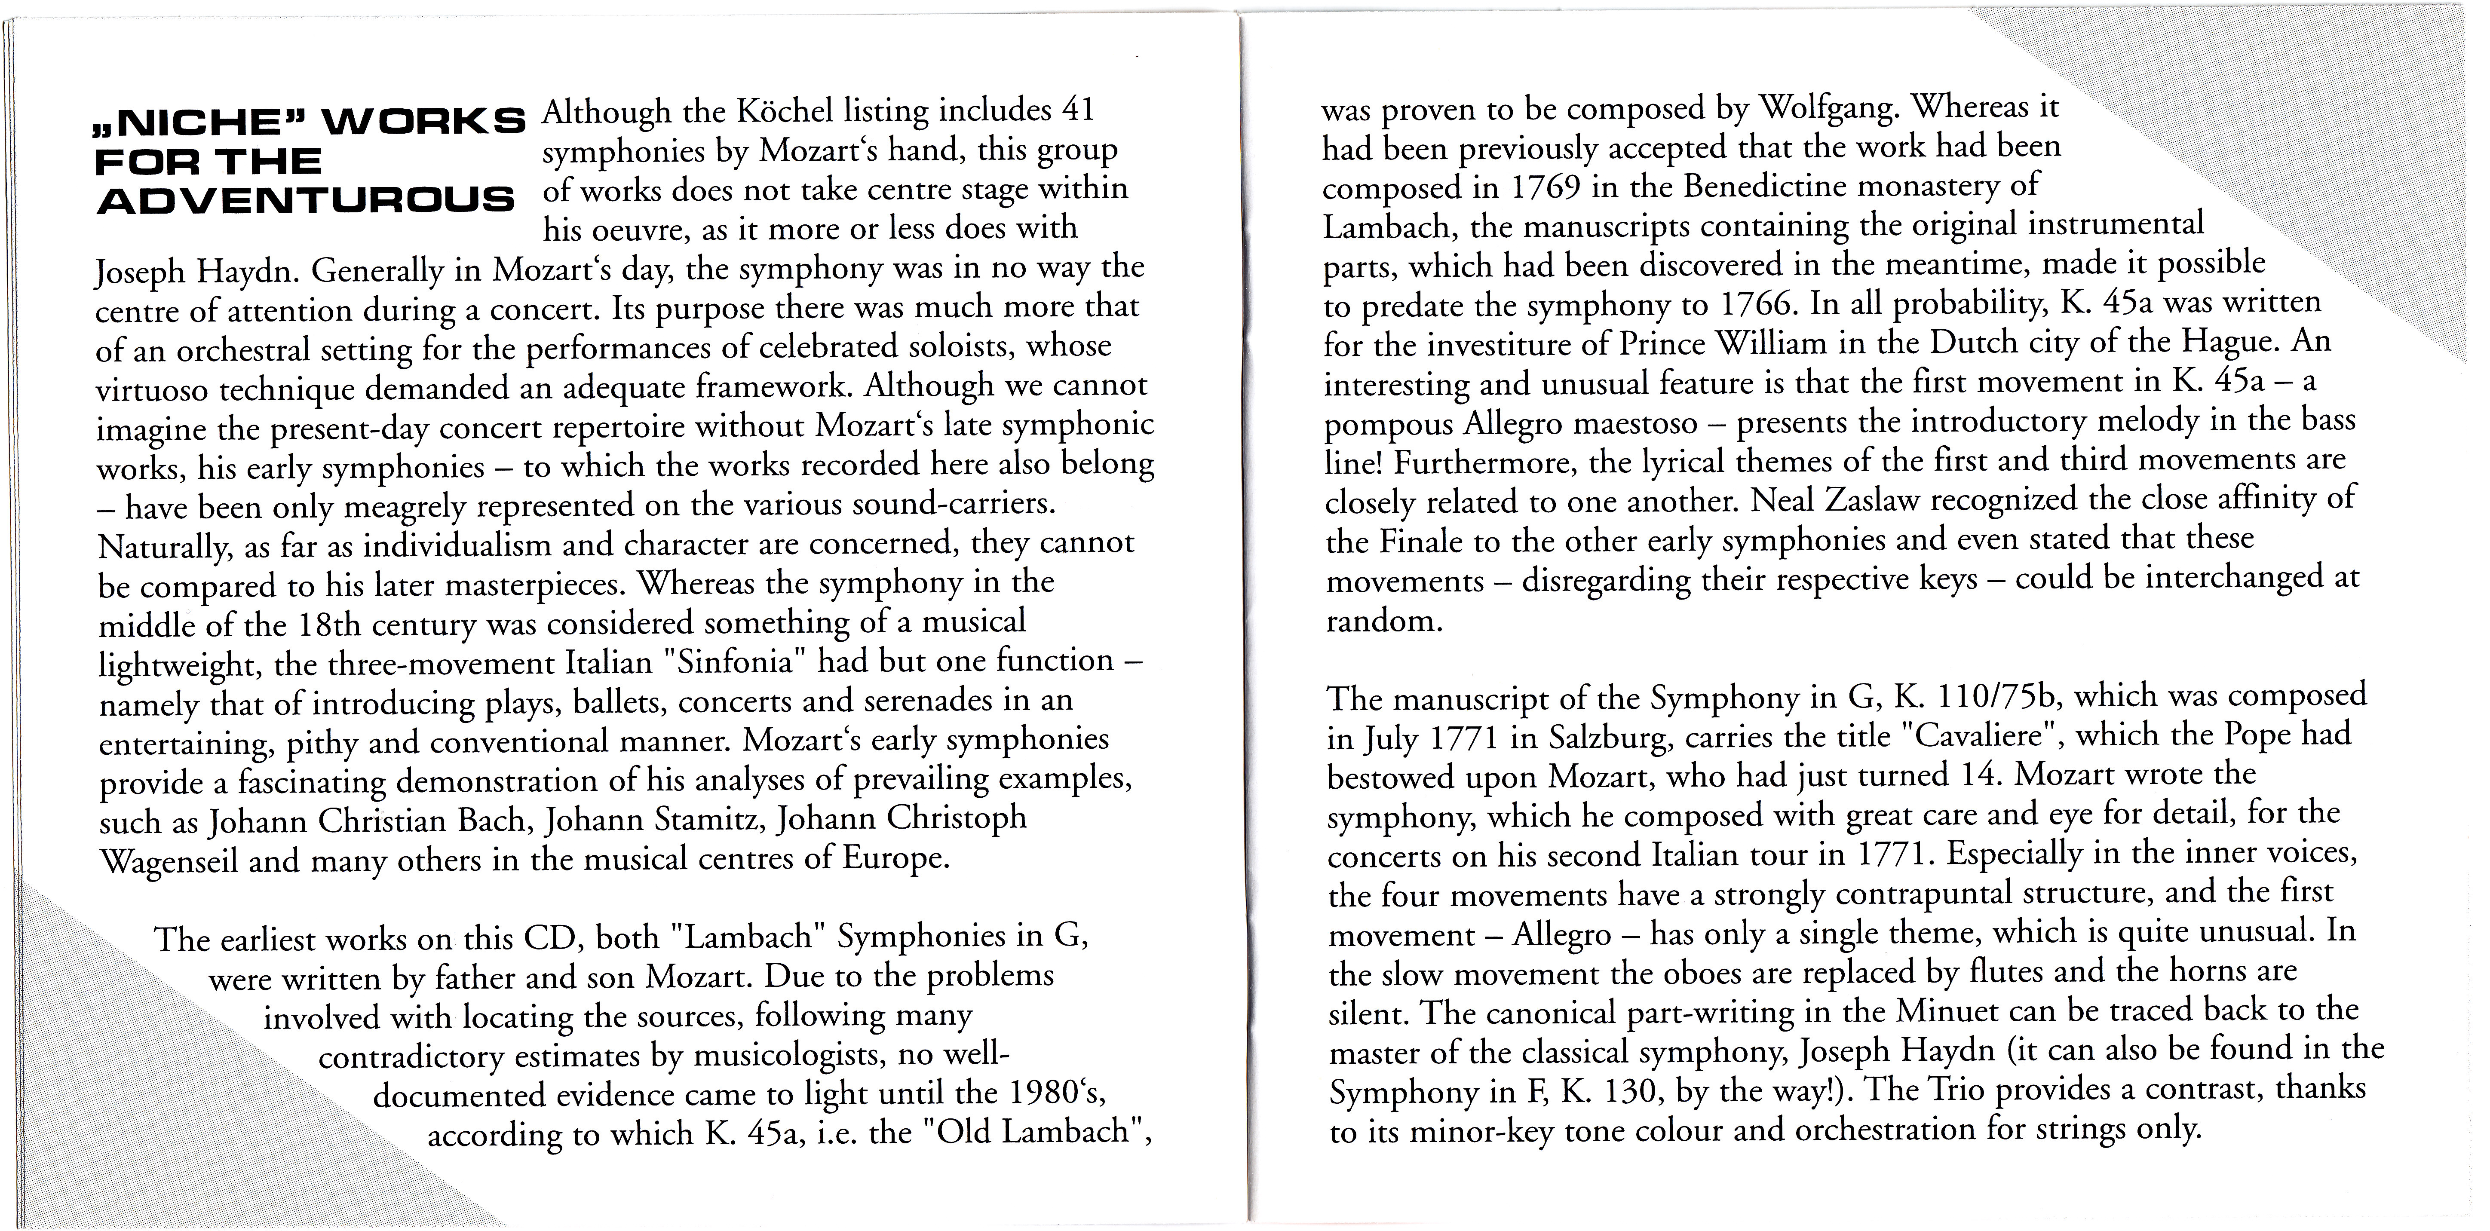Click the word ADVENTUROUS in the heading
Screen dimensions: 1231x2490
pyautogui.click(x=306, y=201)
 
